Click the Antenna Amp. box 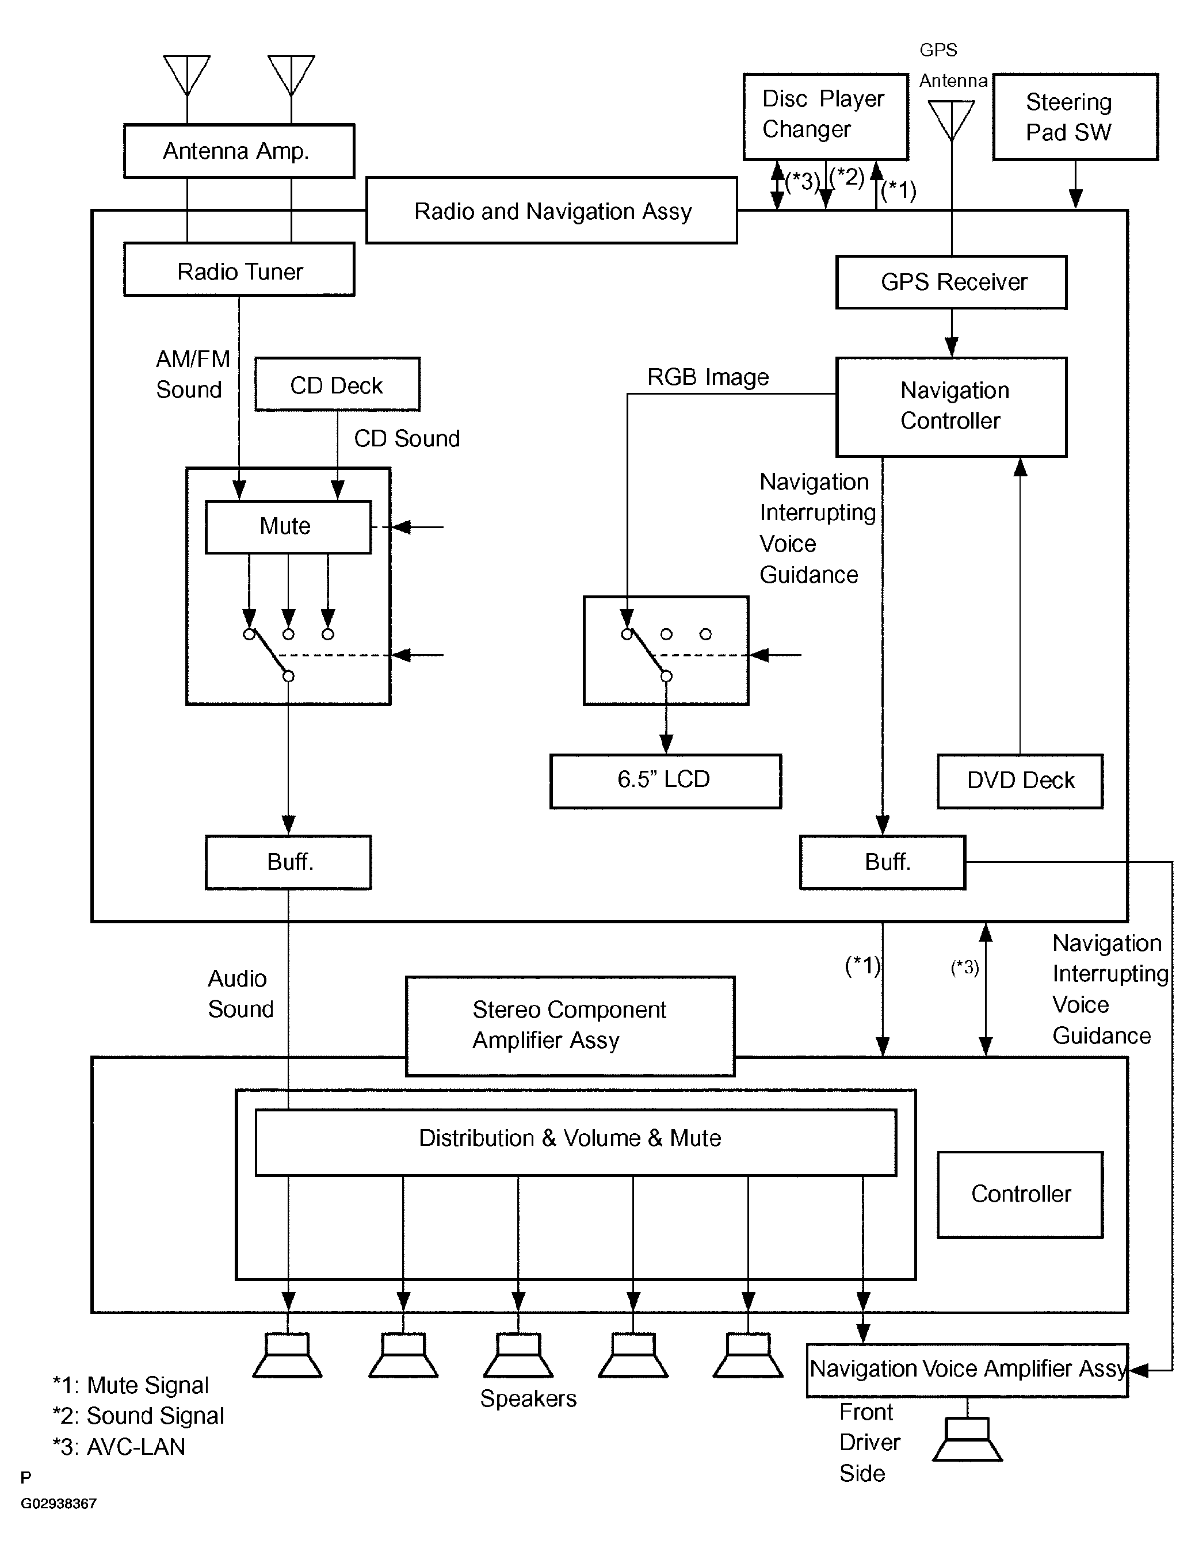pos(239,151)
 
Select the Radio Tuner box pos(239,269)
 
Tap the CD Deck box pos(337,384)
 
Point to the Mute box pos(288,526)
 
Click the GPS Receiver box pos(951,282)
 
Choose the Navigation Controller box pos(951,407)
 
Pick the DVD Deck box pos(1020,781)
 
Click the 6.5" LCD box pos(665,781)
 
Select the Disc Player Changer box pos(826,117)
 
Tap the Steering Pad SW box pos(1075,117)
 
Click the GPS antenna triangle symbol pos(951,121)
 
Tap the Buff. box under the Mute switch pos(288,862)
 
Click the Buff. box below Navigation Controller pos(882,862)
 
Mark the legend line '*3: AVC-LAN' pos(119,1447)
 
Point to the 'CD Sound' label pos(407,438)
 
